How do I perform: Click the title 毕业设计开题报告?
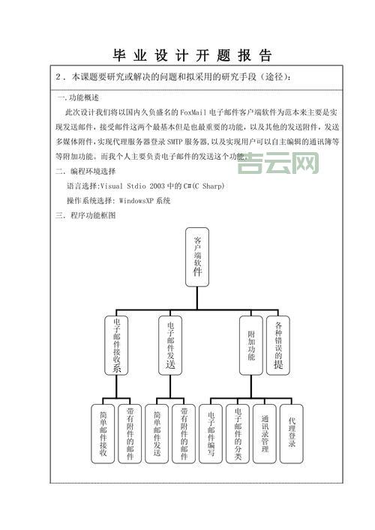tap(192, 55)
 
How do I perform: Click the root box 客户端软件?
tap(197, 256)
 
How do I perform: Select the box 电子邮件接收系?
tap(116, 344)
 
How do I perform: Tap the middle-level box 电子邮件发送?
tap(171, 344)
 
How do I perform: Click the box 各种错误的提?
tap(278, 344)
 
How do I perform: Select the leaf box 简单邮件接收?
tap(103, 433)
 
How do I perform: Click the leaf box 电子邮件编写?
tap(211, 433)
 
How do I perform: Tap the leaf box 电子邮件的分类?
tap(238, 433)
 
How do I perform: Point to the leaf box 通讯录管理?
tap(265, 433)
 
